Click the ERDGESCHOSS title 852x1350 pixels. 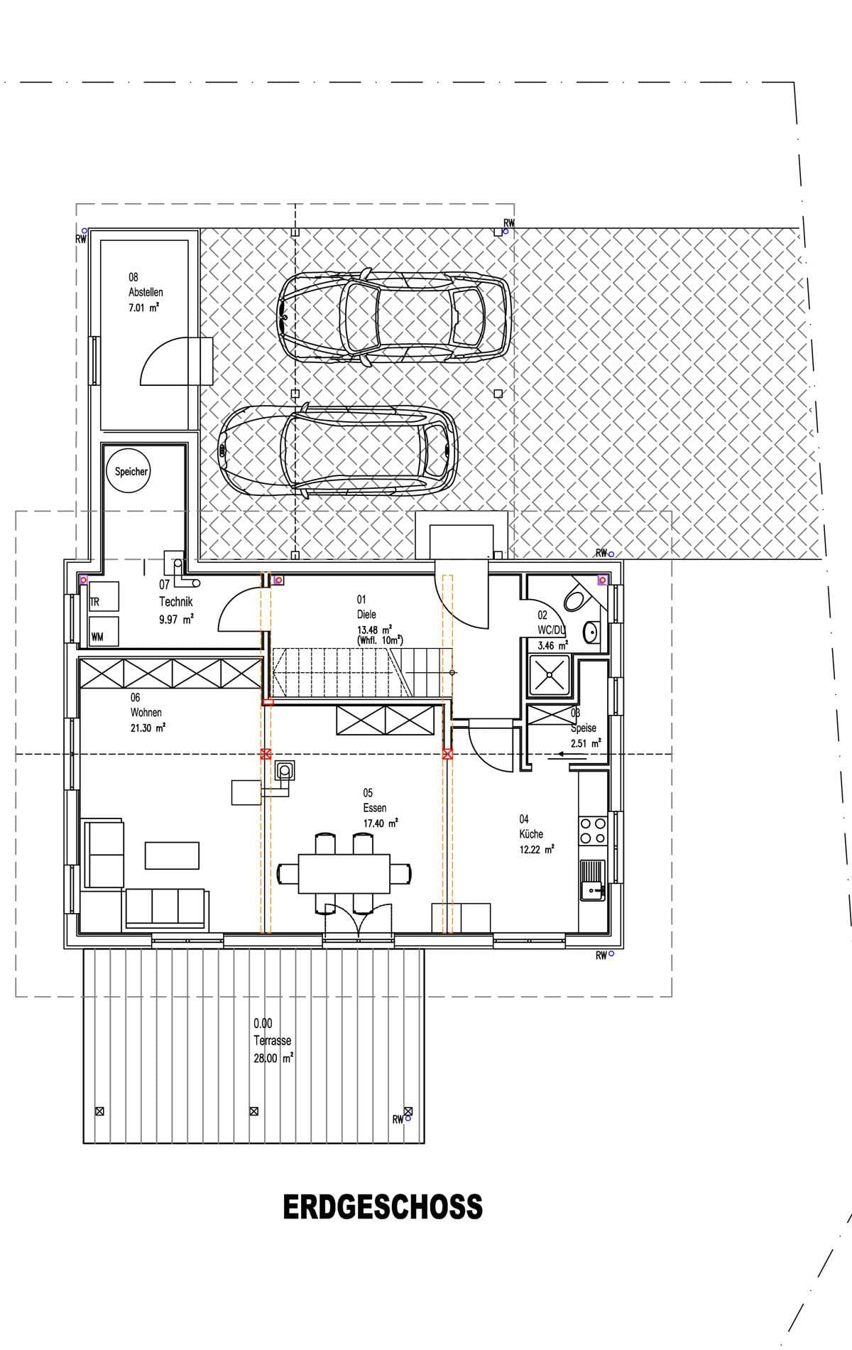[383, 1207]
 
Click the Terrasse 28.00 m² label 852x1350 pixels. [273, 1041]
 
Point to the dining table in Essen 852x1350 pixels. [344, 873]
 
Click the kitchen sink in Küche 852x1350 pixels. [592, 880]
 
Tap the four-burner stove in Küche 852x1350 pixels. [594, 831]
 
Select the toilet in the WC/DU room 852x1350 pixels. [576, 598]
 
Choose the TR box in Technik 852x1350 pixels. [103, 601]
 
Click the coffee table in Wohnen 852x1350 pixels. [173, 855]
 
